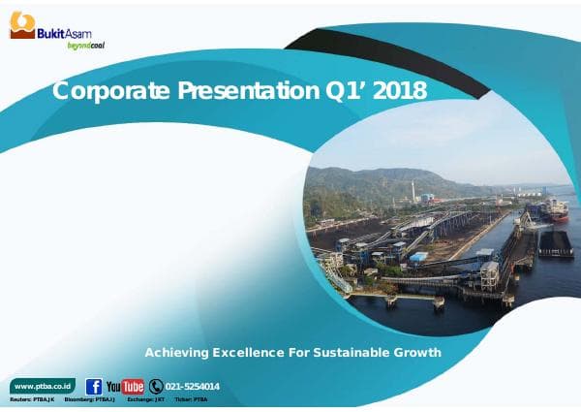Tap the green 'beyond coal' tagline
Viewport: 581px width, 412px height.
click(x=85, y=45)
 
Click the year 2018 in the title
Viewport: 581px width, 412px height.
click(x=398, y=91)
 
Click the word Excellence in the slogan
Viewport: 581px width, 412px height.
click(x=253, y=352)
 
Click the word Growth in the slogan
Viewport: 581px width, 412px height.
click(x=417, y=352)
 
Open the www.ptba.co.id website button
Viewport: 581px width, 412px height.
click(x=42, y=386)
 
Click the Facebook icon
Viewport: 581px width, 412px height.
click(x=94, y=386)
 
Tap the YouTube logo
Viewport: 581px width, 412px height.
click(x=125, y=387)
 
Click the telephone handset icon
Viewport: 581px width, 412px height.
click(x=155, y=386)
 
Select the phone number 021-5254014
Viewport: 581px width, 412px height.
click(x=193, y=387)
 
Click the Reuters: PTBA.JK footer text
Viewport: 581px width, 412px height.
click(x=32, y=399)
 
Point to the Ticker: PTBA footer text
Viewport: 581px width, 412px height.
click(x=191, y=399)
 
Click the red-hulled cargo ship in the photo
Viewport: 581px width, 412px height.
click(x=554, y=207)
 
